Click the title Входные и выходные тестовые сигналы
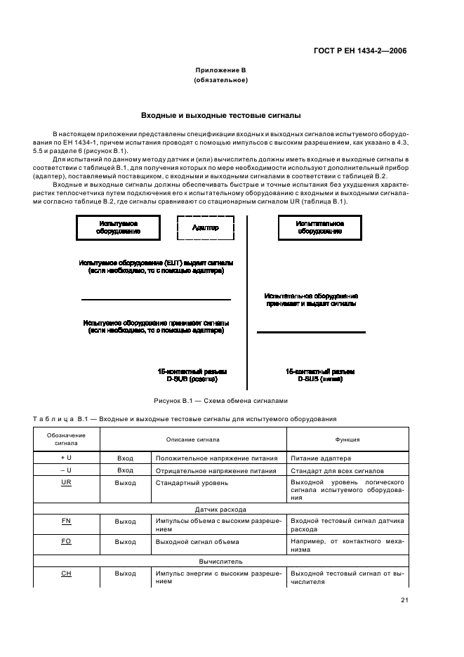pos(220,114)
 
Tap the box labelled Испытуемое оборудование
pos(117,227)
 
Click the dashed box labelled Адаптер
pos(205,227)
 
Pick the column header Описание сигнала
pos(193,439)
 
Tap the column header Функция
pos(347,439)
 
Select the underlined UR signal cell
pos(67,483)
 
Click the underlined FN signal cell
pos(67,522)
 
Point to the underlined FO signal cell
pos(67,541)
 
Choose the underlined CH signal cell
pos(67,573)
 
